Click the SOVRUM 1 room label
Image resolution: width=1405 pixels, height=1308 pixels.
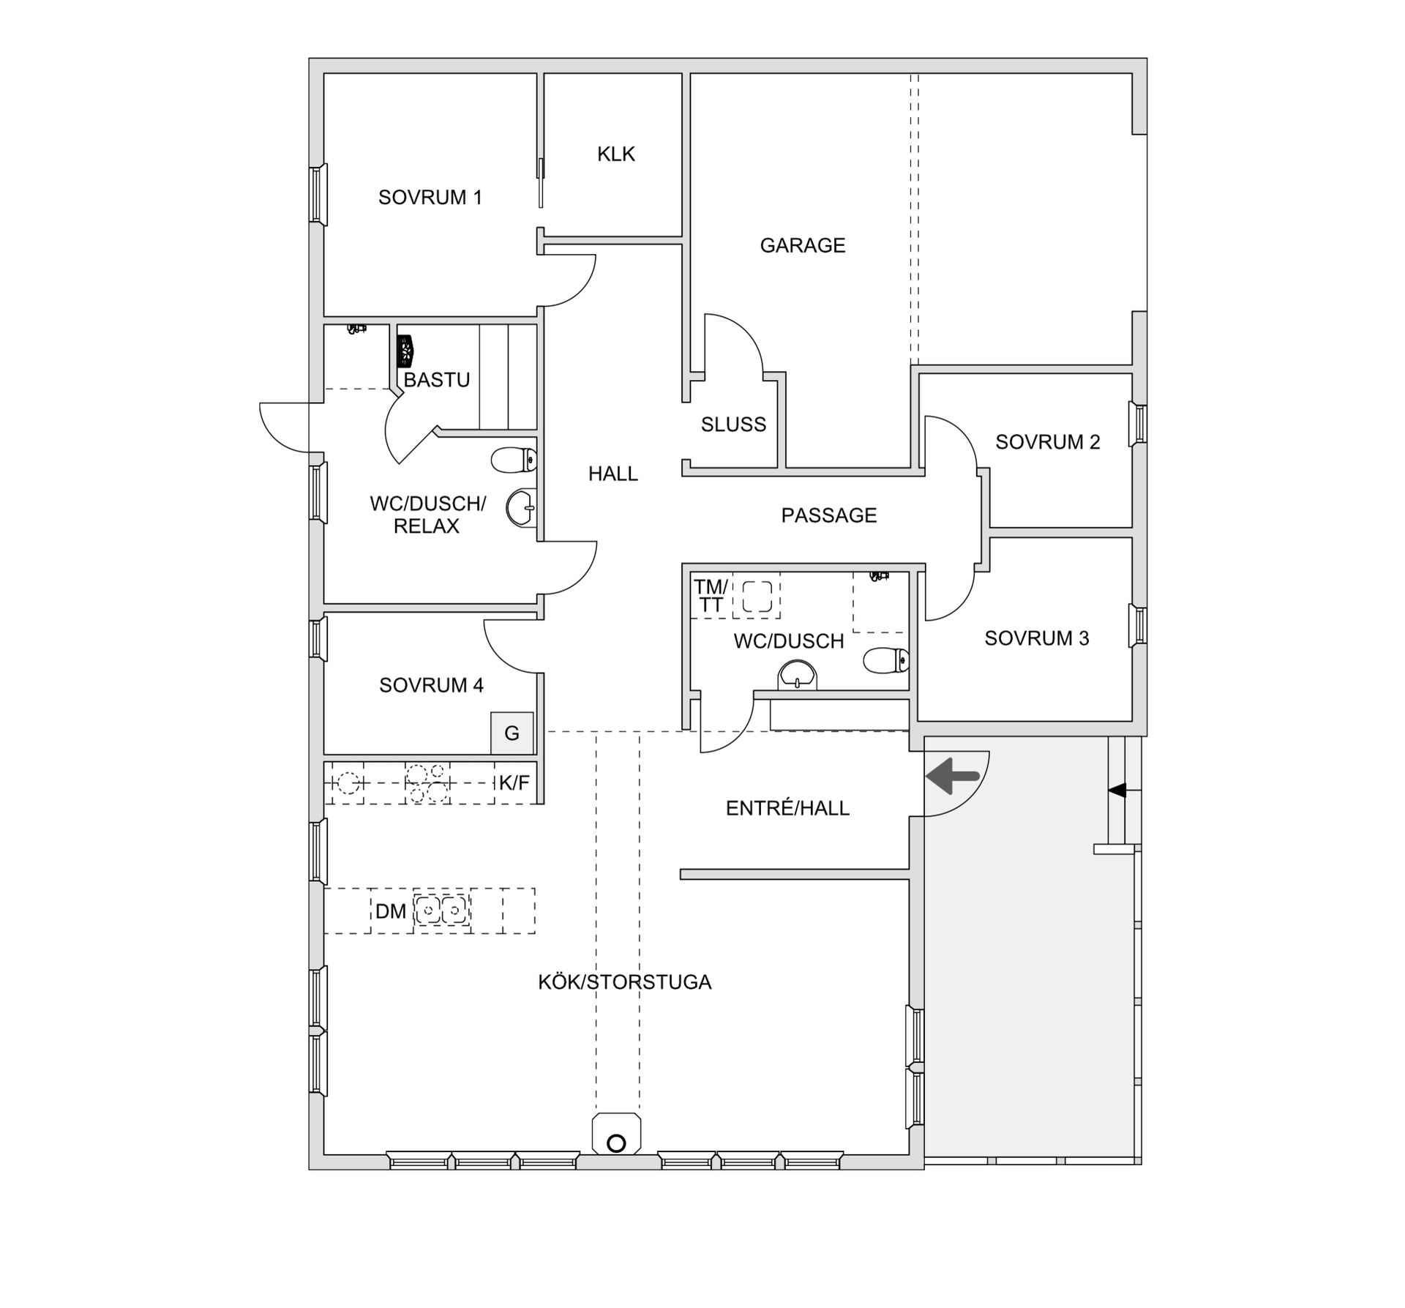click(x=430, y=198)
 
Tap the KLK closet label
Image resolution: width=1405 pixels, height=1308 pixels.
click(x=616, y=154)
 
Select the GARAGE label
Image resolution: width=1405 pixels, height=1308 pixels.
click(x=803, y=245)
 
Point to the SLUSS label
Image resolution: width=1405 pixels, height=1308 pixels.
click(x=733, y=425)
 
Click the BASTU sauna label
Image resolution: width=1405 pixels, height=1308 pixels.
click(x=437, y=380)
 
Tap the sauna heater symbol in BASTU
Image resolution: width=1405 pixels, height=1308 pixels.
click(x=405, y=351)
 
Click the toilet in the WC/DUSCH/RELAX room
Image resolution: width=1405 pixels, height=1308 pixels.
click(x=514, y=460)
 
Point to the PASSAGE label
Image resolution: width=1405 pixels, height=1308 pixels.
click(x=829, y=515)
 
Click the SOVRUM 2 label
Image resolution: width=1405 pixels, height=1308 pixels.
click(x=1048, y=442)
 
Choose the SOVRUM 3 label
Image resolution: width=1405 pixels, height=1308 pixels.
click(x=1037, y=638)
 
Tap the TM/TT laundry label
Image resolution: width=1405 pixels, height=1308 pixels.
click(x=711, y=597)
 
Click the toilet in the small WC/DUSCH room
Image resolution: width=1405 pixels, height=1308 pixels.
click(x=886, y=661)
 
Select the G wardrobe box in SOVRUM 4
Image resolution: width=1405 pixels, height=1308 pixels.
click(x=512, y=733)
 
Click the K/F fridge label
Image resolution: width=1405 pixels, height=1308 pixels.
click(x=514, y=783)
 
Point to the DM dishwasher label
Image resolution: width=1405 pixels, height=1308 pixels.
click(x=391, y=911)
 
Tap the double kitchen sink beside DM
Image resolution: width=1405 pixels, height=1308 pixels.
click(x=442, y=911)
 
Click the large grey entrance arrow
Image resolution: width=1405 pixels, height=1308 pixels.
click(x=953, y=777)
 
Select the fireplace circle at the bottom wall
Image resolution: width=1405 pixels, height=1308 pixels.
click(x=616, y=1143)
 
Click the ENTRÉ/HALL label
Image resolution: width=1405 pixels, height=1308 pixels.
click(x=787, y=808)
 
